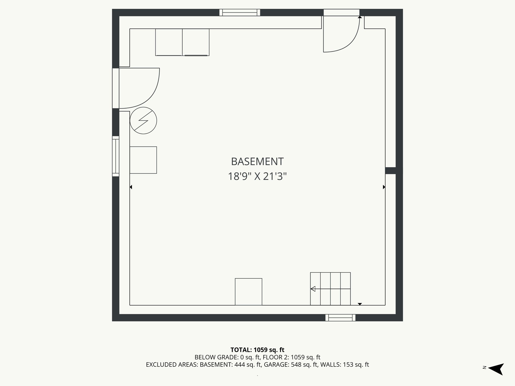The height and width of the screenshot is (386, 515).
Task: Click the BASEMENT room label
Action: tap(257, 162)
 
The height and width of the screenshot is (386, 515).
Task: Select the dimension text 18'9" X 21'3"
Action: tap(257, 176)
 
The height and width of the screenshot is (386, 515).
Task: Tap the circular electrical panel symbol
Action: tap(143, 121)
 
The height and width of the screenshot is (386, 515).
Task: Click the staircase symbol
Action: tap(330, 289)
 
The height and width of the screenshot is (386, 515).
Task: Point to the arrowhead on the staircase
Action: tap(313, 289)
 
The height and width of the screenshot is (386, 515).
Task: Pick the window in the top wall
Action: tap(240, 13)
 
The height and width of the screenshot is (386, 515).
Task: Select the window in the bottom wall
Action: tap(340, 318)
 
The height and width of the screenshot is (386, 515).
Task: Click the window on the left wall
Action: tap(116, 156)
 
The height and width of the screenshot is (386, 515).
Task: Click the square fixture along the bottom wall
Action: tap(248, 292)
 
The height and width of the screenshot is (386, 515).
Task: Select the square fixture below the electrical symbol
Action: tap(143, 160)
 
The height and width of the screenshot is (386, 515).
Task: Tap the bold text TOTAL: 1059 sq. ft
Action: tap(257, 350)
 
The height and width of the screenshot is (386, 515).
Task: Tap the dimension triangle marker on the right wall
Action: tap(384, 187)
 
